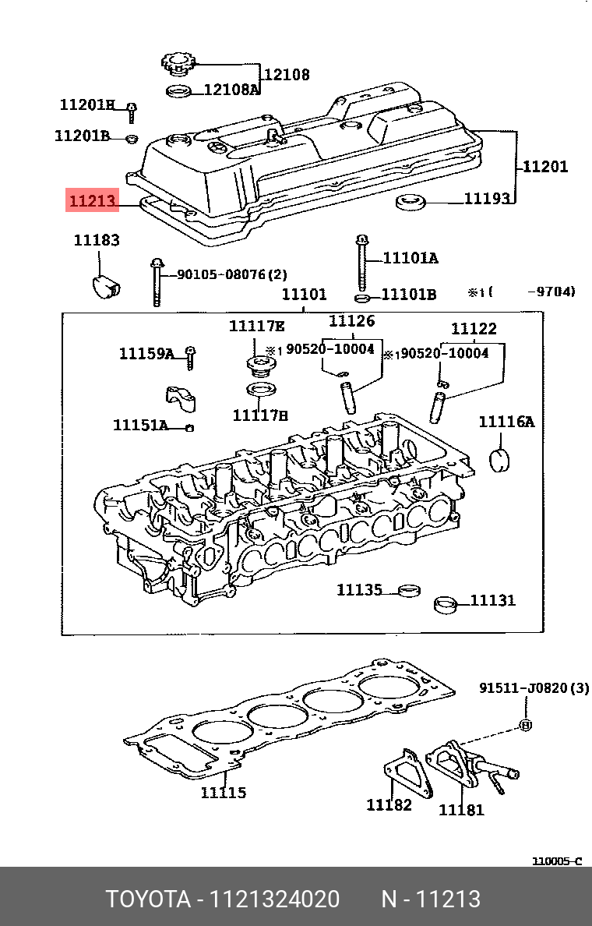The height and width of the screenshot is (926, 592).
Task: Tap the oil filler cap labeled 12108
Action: pyautogui.click(x=177, y=62)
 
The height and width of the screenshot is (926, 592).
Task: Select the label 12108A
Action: pyautogui.click(x=231, y=90)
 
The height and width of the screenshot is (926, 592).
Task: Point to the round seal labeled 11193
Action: pyautogui.click(x=411, y=203)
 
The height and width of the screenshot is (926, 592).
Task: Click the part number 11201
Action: pyautogui.click(x=544, y=166)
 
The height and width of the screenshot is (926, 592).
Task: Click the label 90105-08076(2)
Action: pyautogui.click(x=231, y=274)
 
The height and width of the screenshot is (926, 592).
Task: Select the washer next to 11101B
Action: pyautogui.click(x=362, y=298)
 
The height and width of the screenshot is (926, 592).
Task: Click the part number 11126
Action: pyautogui.click(x=351, y=320)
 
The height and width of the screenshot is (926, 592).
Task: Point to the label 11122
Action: pyautogui.click(x=474, y=329)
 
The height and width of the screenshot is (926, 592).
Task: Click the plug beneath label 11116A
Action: pyautogui.click(x=499, y=459)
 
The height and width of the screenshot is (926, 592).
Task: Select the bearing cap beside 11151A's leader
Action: pyautogui.click(x=180, y=398)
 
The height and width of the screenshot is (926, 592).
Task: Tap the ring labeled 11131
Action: pyautogui.click(x=445, y=603)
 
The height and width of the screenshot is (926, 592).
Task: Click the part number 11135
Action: pyautogui.click(x=359, y=590)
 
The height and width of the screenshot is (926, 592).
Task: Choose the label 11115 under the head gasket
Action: pyautogui.click(x=224, y=793)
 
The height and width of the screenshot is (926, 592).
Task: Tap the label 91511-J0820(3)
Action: pyautogui.click(x=534, y=688)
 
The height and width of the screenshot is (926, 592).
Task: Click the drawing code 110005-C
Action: pyautogui.click(x=557, y=861)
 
